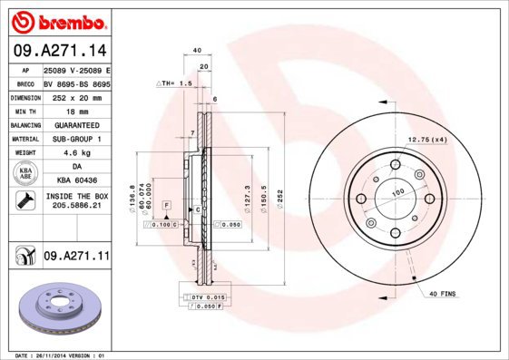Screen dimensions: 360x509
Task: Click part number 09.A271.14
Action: [x=59, y=51]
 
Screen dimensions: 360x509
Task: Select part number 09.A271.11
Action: [x=76, y=257]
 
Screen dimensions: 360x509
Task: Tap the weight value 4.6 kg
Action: [x=76, y=152]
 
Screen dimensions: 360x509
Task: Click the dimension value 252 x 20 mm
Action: [x=76, y=96]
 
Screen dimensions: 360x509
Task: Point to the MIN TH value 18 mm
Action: [x=76, y=111]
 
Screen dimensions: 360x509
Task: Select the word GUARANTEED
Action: [x=76, y=124]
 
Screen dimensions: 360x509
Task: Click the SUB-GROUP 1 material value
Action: [x=76, y=139]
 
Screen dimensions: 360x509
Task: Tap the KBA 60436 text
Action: [x=76, y=180]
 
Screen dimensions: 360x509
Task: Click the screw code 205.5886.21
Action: [x=76, y=207]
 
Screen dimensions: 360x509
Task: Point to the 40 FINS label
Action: [x=442, y=292]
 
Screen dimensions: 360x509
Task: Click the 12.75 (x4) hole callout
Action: [x=427, y=139]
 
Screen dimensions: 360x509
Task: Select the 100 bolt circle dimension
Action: [x=396, y=193]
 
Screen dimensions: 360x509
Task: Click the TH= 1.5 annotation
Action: [x=178, y=83]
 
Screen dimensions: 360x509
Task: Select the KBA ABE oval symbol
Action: [x=26, y=173]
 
